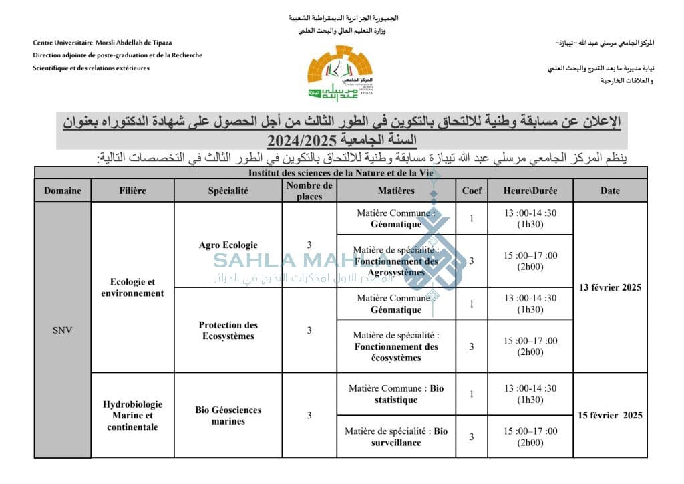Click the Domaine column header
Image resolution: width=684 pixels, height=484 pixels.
pos(63,191)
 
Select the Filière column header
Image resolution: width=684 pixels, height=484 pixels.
pos(132,191)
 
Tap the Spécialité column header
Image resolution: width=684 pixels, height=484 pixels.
pos(228,191)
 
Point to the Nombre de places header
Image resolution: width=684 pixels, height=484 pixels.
pos(309,191)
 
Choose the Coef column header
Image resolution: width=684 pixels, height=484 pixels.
pos(472,191)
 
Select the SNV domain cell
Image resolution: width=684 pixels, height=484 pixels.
pos(63,330)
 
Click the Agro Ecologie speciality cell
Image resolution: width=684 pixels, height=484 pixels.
pos(228,245)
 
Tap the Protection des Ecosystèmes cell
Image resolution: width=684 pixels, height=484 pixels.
pos(228,330)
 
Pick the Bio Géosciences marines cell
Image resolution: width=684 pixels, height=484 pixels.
pos(228,415)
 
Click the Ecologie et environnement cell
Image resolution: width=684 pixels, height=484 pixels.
pos(132,287)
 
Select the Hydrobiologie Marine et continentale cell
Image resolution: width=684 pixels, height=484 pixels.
pos(132,415)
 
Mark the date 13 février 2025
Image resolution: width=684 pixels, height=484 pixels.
pos(610,287)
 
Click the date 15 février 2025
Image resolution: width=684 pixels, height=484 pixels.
pos(610,415)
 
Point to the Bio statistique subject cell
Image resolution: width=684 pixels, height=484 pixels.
pos(396,394)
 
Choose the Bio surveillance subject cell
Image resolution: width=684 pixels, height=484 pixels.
pos(396,437)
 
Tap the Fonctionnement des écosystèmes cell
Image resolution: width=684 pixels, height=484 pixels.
pos(396,346)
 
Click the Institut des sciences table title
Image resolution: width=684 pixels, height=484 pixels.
pos(341,172)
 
